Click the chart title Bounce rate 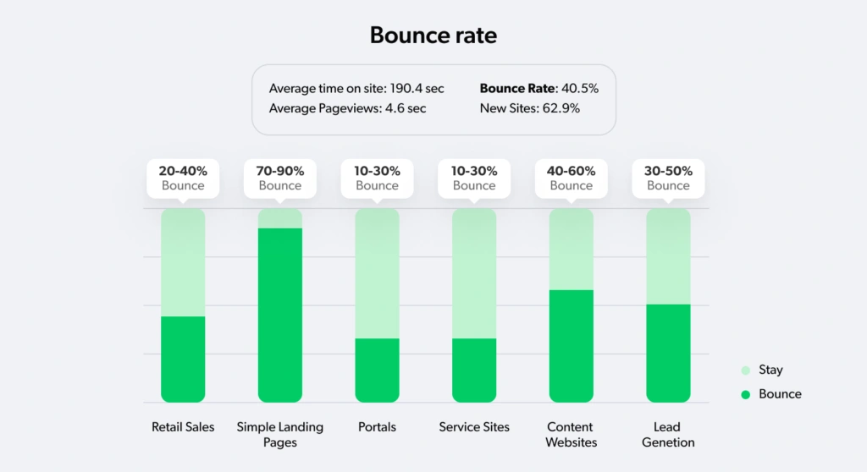click(x=433, y=36)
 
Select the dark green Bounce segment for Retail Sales click(x=183, y=359)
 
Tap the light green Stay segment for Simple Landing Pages click(x=280, y=218)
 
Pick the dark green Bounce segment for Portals click(x=377, y=370)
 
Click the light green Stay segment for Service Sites click(x=474, y=273)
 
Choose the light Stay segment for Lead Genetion click(x=668, y=256)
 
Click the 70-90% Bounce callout click(x=280, y=178)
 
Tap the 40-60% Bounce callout click(x=572, y=178)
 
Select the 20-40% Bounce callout click(x=183, y=178)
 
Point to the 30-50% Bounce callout click(x=668, y=178)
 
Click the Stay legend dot click(x=746, y=370)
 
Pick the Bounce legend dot click(x=746, y=394)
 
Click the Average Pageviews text click(x=319, y=108)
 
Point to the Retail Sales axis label click(x=183, y=427)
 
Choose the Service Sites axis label click(x=474, y=427)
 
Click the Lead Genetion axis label click(x=668, y=435)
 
